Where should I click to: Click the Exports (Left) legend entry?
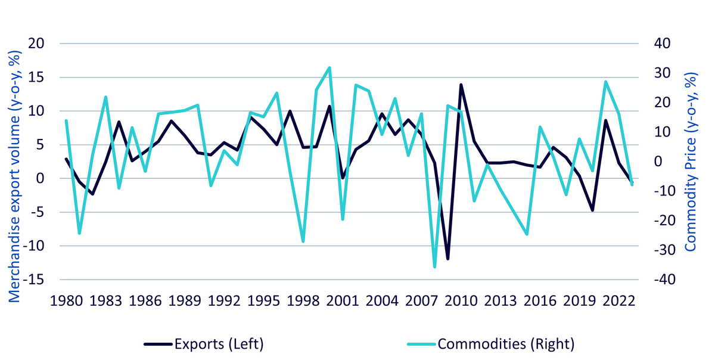[x=204, y=344]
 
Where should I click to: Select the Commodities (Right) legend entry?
[x=490, y=344]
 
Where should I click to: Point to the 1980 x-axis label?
[x=66, y=301]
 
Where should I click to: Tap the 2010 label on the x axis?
[x=461, y=301]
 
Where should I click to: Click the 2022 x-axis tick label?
[x=619, y=301]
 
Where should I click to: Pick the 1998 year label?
[x=303, y=301]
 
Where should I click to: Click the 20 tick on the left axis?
[x=36, y=44]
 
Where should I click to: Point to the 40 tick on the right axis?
[x=663, y=44]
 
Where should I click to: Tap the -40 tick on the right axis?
[x=665, y=280]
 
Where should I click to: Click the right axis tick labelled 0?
[x=658, y=162]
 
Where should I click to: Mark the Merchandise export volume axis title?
[x=14, y=176]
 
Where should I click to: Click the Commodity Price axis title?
[x=691, y=162]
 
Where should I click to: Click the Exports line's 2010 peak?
[x=461, y=85]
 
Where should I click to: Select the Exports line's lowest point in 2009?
[x=448, y=259]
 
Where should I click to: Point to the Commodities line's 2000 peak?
[x=329, y=67]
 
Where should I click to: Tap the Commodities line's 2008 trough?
[x=435, y=267]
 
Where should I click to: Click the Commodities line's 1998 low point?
[x=303, y=241]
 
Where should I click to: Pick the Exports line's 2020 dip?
[x=592, y=210]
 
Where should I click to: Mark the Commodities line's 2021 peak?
[x=605, y=82]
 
